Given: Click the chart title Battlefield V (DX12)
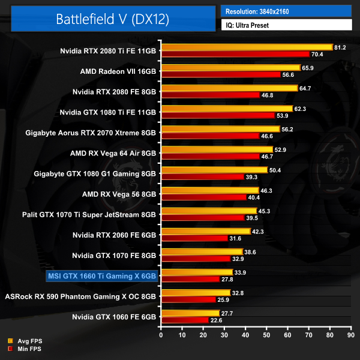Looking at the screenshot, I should point(112,18).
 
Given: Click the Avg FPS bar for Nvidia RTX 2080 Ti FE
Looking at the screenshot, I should point(246,47).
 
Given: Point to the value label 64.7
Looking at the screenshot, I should point(307,88).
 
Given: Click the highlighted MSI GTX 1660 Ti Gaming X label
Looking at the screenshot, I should point(101,275).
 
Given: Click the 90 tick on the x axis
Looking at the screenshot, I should point(352,334).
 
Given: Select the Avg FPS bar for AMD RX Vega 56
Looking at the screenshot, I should point(209,190).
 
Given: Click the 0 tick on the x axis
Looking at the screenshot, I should point(161,334).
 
